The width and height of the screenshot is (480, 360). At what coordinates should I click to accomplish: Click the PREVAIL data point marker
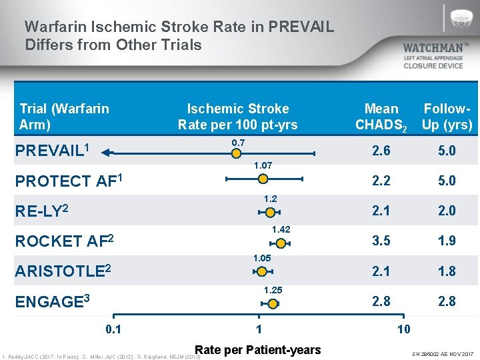[x=236, y=154]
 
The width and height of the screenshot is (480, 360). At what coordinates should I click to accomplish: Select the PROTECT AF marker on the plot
[x=263, y=179]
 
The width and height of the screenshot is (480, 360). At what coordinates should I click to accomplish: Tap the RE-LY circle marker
[x=270, y=212]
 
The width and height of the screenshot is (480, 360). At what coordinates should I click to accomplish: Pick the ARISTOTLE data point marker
[x=262, y=271]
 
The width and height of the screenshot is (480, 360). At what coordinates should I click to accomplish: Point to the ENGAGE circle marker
[x=273, y=304]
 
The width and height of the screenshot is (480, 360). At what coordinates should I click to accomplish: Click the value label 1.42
[x=281, y=229]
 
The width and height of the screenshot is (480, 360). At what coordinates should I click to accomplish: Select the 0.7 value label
[x=238, y=143]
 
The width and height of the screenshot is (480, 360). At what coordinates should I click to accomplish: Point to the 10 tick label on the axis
[x=403, y=329]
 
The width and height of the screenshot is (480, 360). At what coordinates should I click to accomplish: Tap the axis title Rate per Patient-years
[x=257, y=349]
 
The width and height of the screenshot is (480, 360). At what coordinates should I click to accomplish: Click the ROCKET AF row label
[x=64, y=241]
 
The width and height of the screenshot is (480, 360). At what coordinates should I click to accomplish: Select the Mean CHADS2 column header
[x=381, y=117]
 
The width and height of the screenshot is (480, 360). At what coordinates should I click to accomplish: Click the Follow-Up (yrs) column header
[x=447, y=117]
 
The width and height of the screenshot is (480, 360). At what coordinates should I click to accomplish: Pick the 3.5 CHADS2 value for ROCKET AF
[x=381, y=241]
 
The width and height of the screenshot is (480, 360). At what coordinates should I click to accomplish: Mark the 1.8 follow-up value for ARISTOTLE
[x=447, y=271]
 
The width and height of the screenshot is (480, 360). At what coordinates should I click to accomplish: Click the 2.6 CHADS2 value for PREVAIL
[x=381, y=151]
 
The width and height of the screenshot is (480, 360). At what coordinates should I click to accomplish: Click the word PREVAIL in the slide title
[x=299, y=27]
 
